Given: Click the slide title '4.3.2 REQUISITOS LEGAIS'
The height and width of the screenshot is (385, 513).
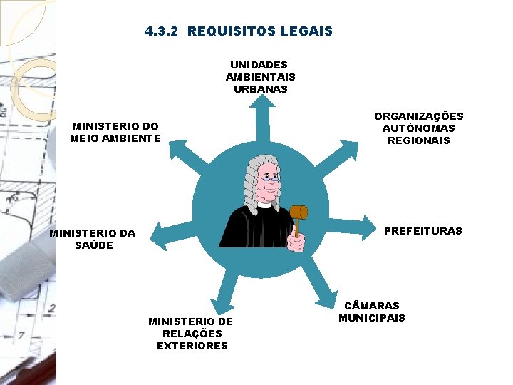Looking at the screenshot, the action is [238, 31].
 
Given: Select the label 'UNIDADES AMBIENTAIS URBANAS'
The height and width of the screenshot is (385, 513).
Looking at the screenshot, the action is [260, 77].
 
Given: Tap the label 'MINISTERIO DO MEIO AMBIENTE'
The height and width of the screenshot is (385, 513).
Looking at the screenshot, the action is [115, 132].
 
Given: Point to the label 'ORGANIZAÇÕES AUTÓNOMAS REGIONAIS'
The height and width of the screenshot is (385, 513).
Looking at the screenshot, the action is [418, 128].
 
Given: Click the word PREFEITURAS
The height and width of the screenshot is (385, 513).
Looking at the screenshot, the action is [423, 231].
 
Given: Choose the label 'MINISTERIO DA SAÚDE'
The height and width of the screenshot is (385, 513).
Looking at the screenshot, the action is [93, 239].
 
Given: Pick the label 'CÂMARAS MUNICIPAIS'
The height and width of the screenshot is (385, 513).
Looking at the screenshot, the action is [371, 312].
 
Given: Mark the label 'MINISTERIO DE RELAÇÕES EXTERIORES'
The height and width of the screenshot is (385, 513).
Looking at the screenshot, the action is [190, 334].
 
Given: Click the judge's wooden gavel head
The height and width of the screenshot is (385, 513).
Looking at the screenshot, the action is [299, 212].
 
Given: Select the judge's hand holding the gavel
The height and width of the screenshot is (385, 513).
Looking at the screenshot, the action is [296, 242].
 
